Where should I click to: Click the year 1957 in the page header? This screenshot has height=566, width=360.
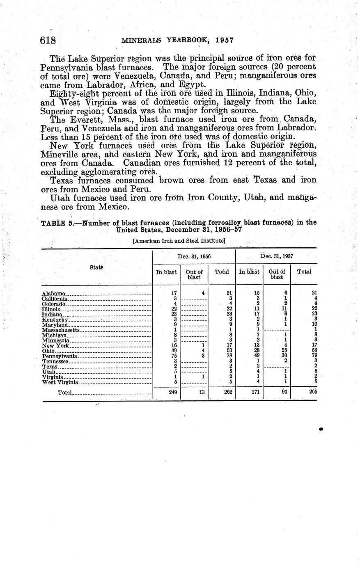pyautogui.click(x=224, y=40)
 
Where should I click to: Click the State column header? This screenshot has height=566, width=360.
pyautogui.click(x=96, y=267)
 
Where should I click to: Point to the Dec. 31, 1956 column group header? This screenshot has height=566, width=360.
pyautogui.click(x=194, y=256)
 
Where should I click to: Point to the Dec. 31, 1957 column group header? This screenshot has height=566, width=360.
pyautogui.click(x=277, y=256)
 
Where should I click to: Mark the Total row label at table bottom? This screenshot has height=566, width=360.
pyautogui.click(x=65, y=393)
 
